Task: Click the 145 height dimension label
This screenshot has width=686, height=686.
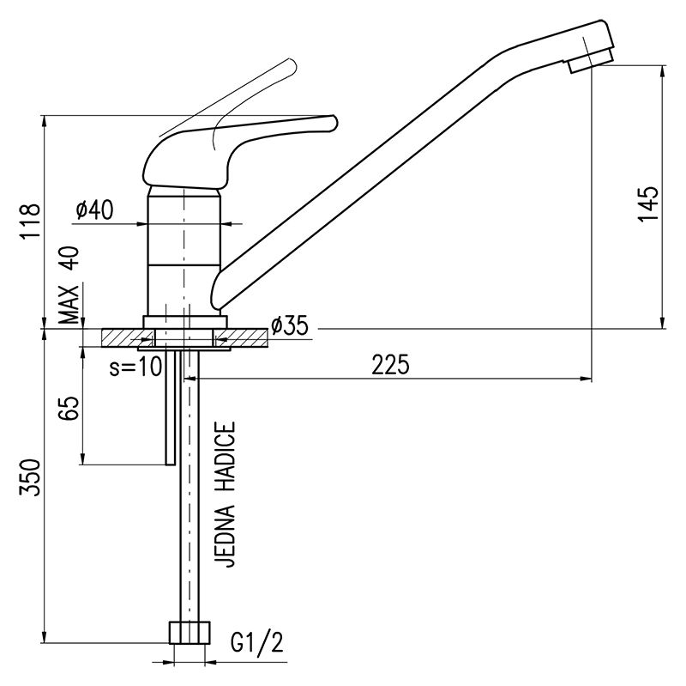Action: tap(649, 205)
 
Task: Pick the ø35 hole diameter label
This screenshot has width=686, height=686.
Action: tap(289, 325)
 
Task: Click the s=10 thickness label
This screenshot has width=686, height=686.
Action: tap(136, 366)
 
